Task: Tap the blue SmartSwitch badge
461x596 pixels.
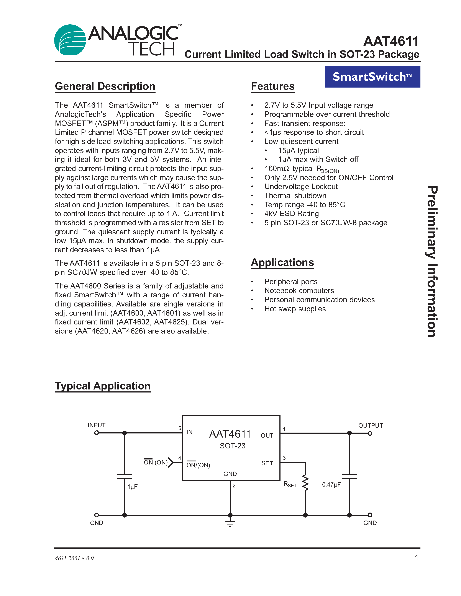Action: [372, 77]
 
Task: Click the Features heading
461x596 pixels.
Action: [272, 86]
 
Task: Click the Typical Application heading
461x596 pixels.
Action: [103, 386]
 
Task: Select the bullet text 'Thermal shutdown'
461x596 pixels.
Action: [295, 196]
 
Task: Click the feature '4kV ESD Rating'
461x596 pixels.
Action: [291, 214]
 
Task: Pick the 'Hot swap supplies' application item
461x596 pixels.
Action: [295, 309]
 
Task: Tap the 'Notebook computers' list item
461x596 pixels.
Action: [299, 291]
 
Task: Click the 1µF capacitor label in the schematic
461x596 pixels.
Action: [133, 487]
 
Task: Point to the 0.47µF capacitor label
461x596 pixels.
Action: [331, 484]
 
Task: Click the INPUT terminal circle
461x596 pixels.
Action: [96, 433]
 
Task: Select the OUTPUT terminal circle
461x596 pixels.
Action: [370, 433]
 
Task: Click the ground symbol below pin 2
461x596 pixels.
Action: [230, 523]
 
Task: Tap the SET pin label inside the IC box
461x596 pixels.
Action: [267, 463]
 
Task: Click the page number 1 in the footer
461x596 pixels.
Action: [417, 558]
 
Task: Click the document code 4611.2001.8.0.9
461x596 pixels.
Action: [74, 558]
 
